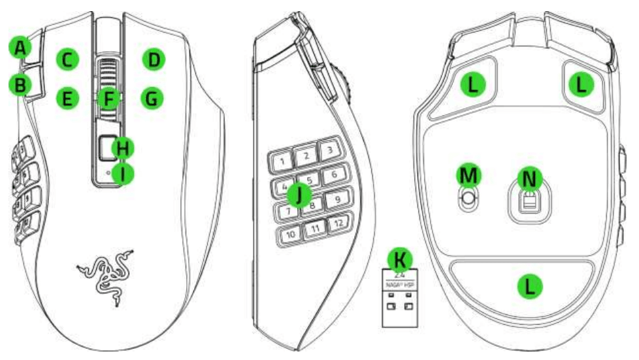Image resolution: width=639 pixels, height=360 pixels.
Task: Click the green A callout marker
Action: pos(21,48)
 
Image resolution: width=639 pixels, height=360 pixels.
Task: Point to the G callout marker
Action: pos(152,99)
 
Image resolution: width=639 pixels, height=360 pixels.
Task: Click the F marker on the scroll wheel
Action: pos(109,99)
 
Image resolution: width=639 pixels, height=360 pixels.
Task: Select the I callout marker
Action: pos(122,173)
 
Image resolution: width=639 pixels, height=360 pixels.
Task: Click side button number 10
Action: pos(290,234)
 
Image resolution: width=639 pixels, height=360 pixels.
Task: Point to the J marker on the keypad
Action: pos(300,195)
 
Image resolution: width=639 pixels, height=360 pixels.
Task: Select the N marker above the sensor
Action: pos(529,177)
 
